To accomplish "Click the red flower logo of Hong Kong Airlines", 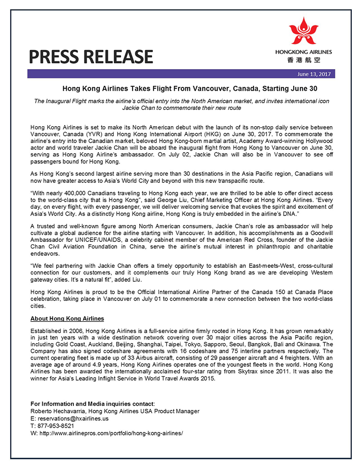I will pos(303,31).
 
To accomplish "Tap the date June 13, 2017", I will pos(314,74).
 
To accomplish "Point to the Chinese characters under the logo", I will pos(303,60).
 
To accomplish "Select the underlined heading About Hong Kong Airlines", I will pos(67,318).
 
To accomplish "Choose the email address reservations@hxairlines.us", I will pos(72,418).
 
